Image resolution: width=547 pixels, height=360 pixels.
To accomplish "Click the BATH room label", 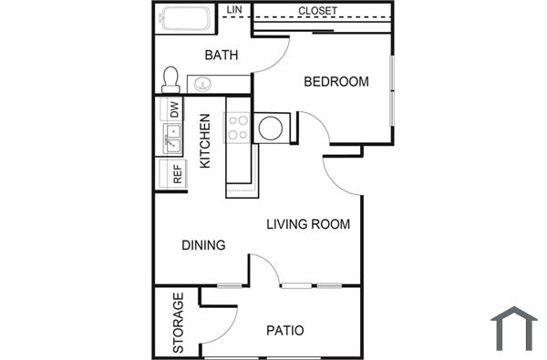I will tap(221, 55).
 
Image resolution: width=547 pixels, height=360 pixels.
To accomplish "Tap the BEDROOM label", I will tap(335, 82).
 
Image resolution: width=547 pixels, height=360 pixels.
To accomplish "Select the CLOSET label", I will tap(317, 11).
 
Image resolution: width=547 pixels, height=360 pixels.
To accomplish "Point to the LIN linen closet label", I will tap(233, 10).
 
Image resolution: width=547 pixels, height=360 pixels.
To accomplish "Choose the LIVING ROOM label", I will tap(308, 224).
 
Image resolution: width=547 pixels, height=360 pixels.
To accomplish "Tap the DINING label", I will tap(203, 244).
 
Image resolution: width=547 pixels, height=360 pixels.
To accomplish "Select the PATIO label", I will tap(284, 330).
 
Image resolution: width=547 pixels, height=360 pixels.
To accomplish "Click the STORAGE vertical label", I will tap(179, 323).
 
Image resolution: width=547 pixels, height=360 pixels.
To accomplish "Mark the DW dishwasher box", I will tap(173, 109).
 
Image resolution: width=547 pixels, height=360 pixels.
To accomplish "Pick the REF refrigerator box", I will tap(176, 173).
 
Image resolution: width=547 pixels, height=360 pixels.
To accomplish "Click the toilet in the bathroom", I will tap(170, 79).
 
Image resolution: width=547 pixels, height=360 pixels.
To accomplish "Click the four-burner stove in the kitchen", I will tap(239, 127).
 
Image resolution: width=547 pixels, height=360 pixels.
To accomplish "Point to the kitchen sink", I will tap(172, 139).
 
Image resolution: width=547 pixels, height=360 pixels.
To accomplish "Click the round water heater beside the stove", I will tap(271, 128).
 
